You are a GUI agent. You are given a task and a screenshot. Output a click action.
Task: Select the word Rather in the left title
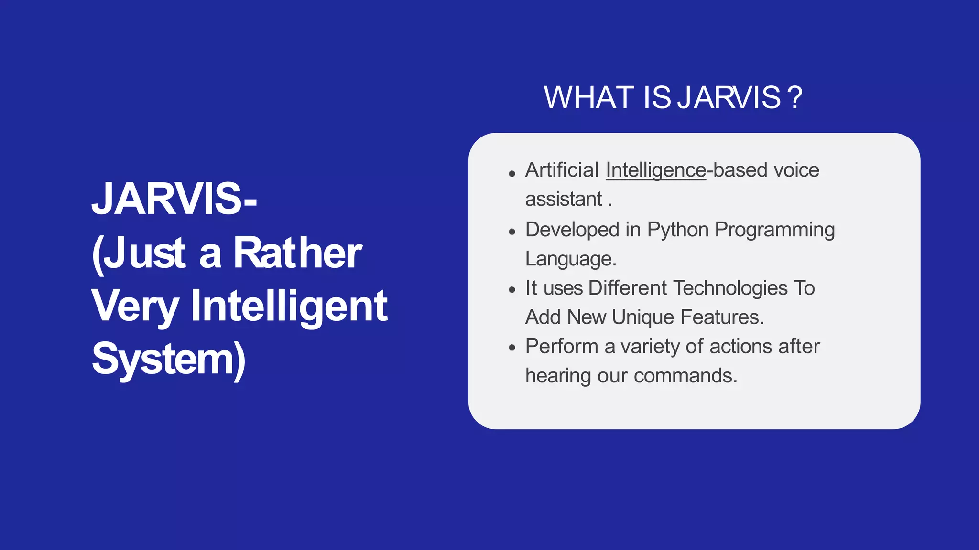click(297, 253)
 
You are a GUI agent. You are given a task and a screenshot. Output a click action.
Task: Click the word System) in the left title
click(169, 359)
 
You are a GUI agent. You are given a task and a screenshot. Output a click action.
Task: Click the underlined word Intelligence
click(656, 170)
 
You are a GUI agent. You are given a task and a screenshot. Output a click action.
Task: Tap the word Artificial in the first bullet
click(562, 170)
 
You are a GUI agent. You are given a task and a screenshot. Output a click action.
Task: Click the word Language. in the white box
click(571, 259)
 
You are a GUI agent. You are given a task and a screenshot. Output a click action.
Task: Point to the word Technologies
click(730, 288)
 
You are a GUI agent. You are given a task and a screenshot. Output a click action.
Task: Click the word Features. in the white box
click(722, 317)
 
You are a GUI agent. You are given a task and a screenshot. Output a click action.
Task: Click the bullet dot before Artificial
click(512, 174)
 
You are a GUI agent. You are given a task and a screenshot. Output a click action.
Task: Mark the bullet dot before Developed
click(512, 233)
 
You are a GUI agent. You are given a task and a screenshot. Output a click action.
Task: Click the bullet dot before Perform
click(512, 348)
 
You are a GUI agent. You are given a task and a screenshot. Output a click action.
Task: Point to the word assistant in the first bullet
click(564, 199)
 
